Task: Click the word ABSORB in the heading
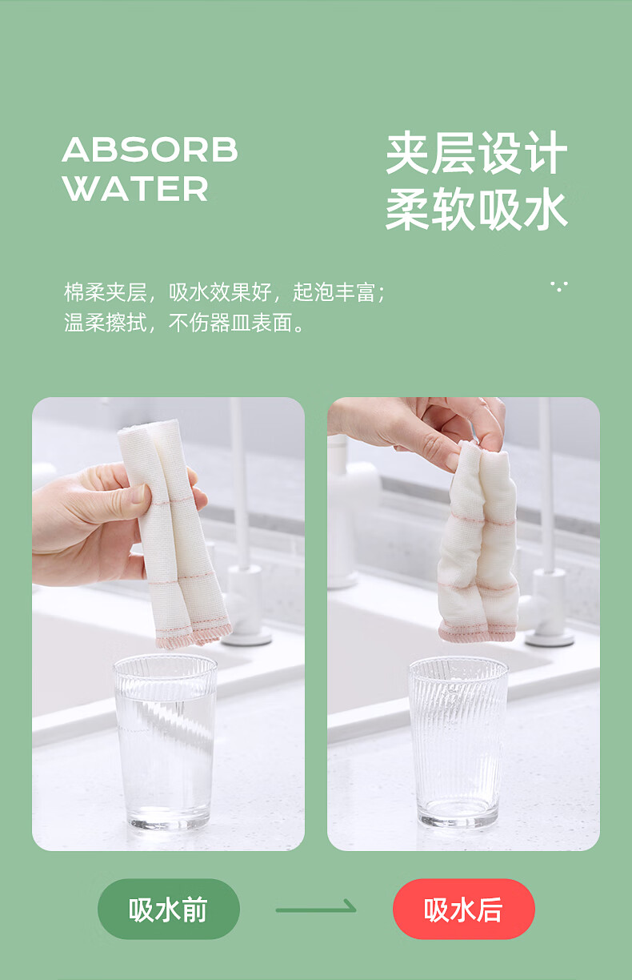click(x=150, y=150)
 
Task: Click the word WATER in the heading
click(x=135, y=189)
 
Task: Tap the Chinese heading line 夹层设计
click(x=477, y=153)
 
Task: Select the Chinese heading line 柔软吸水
click(x=477, y=210)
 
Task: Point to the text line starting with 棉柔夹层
click(x=225, y=292)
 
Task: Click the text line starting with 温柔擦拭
click(x=184, y=323)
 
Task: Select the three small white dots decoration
click(x=559, y=287)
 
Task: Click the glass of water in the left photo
click(x=166, y=743)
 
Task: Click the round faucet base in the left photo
click(x=246, y=638)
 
